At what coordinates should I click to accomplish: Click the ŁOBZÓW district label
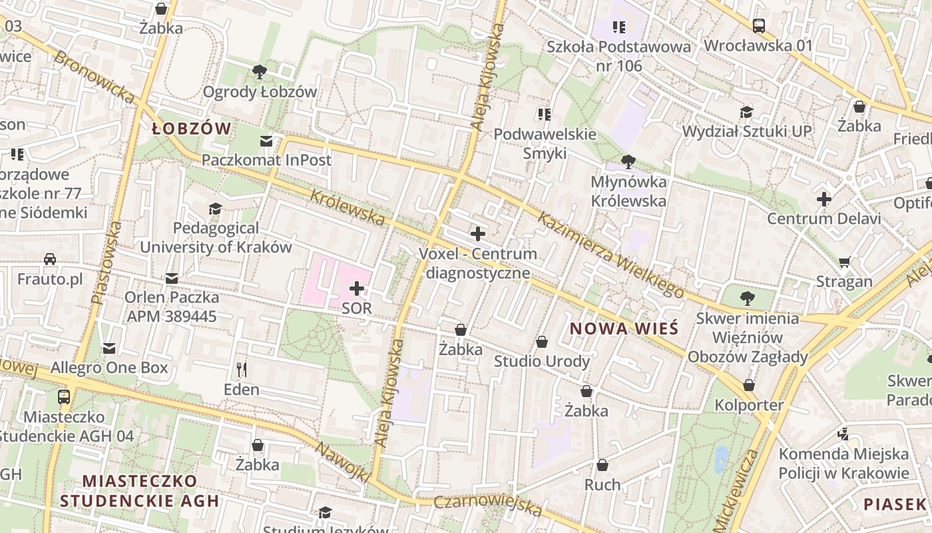coord(191,129)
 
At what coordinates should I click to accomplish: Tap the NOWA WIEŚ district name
coord(624,328)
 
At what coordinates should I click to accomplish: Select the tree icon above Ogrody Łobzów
coord(260,71)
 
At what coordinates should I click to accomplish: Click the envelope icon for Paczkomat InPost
coord(266,141)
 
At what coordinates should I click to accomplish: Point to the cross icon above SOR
coord(357,288)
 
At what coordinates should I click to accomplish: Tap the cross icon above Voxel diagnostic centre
coord(477,234)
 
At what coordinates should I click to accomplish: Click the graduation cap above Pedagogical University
coord(215,209)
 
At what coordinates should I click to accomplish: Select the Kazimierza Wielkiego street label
coord(610,255)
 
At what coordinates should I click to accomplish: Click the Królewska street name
coord(348,207)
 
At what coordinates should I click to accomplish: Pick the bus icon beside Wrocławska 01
coord(758,26)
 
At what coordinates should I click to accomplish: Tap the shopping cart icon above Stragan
coord(844,263)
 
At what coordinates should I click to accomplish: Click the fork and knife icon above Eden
coord(242,369)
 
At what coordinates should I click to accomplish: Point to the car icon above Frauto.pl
coord(50,259)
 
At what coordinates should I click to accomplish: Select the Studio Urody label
coord(541,361)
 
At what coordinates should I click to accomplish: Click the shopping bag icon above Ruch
coord(602,465)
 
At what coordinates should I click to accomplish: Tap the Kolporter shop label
coord(749,404)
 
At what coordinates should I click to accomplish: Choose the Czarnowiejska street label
coord(487,506)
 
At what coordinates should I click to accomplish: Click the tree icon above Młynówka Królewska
coord(628,161)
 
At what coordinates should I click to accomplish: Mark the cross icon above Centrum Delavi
coord(824,199)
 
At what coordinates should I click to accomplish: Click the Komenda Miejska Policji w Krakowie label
coord(843,464)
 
